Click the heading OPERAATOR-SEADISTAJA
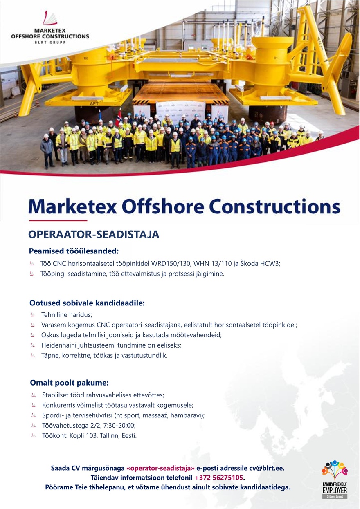[x=93, y=235]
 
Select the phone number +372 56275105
[x=219, y=478]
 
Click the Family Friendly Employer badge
[x=335, y=480]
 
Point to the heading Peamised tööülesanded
[x=74, y=251]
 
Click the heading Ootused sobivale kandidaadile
[x=87, y=303]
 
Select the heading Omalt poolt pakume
[x=69, y=383]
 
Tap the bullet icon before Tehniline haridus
[x=33, y=315]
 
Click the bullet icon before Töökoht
[x=34, y=436]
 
